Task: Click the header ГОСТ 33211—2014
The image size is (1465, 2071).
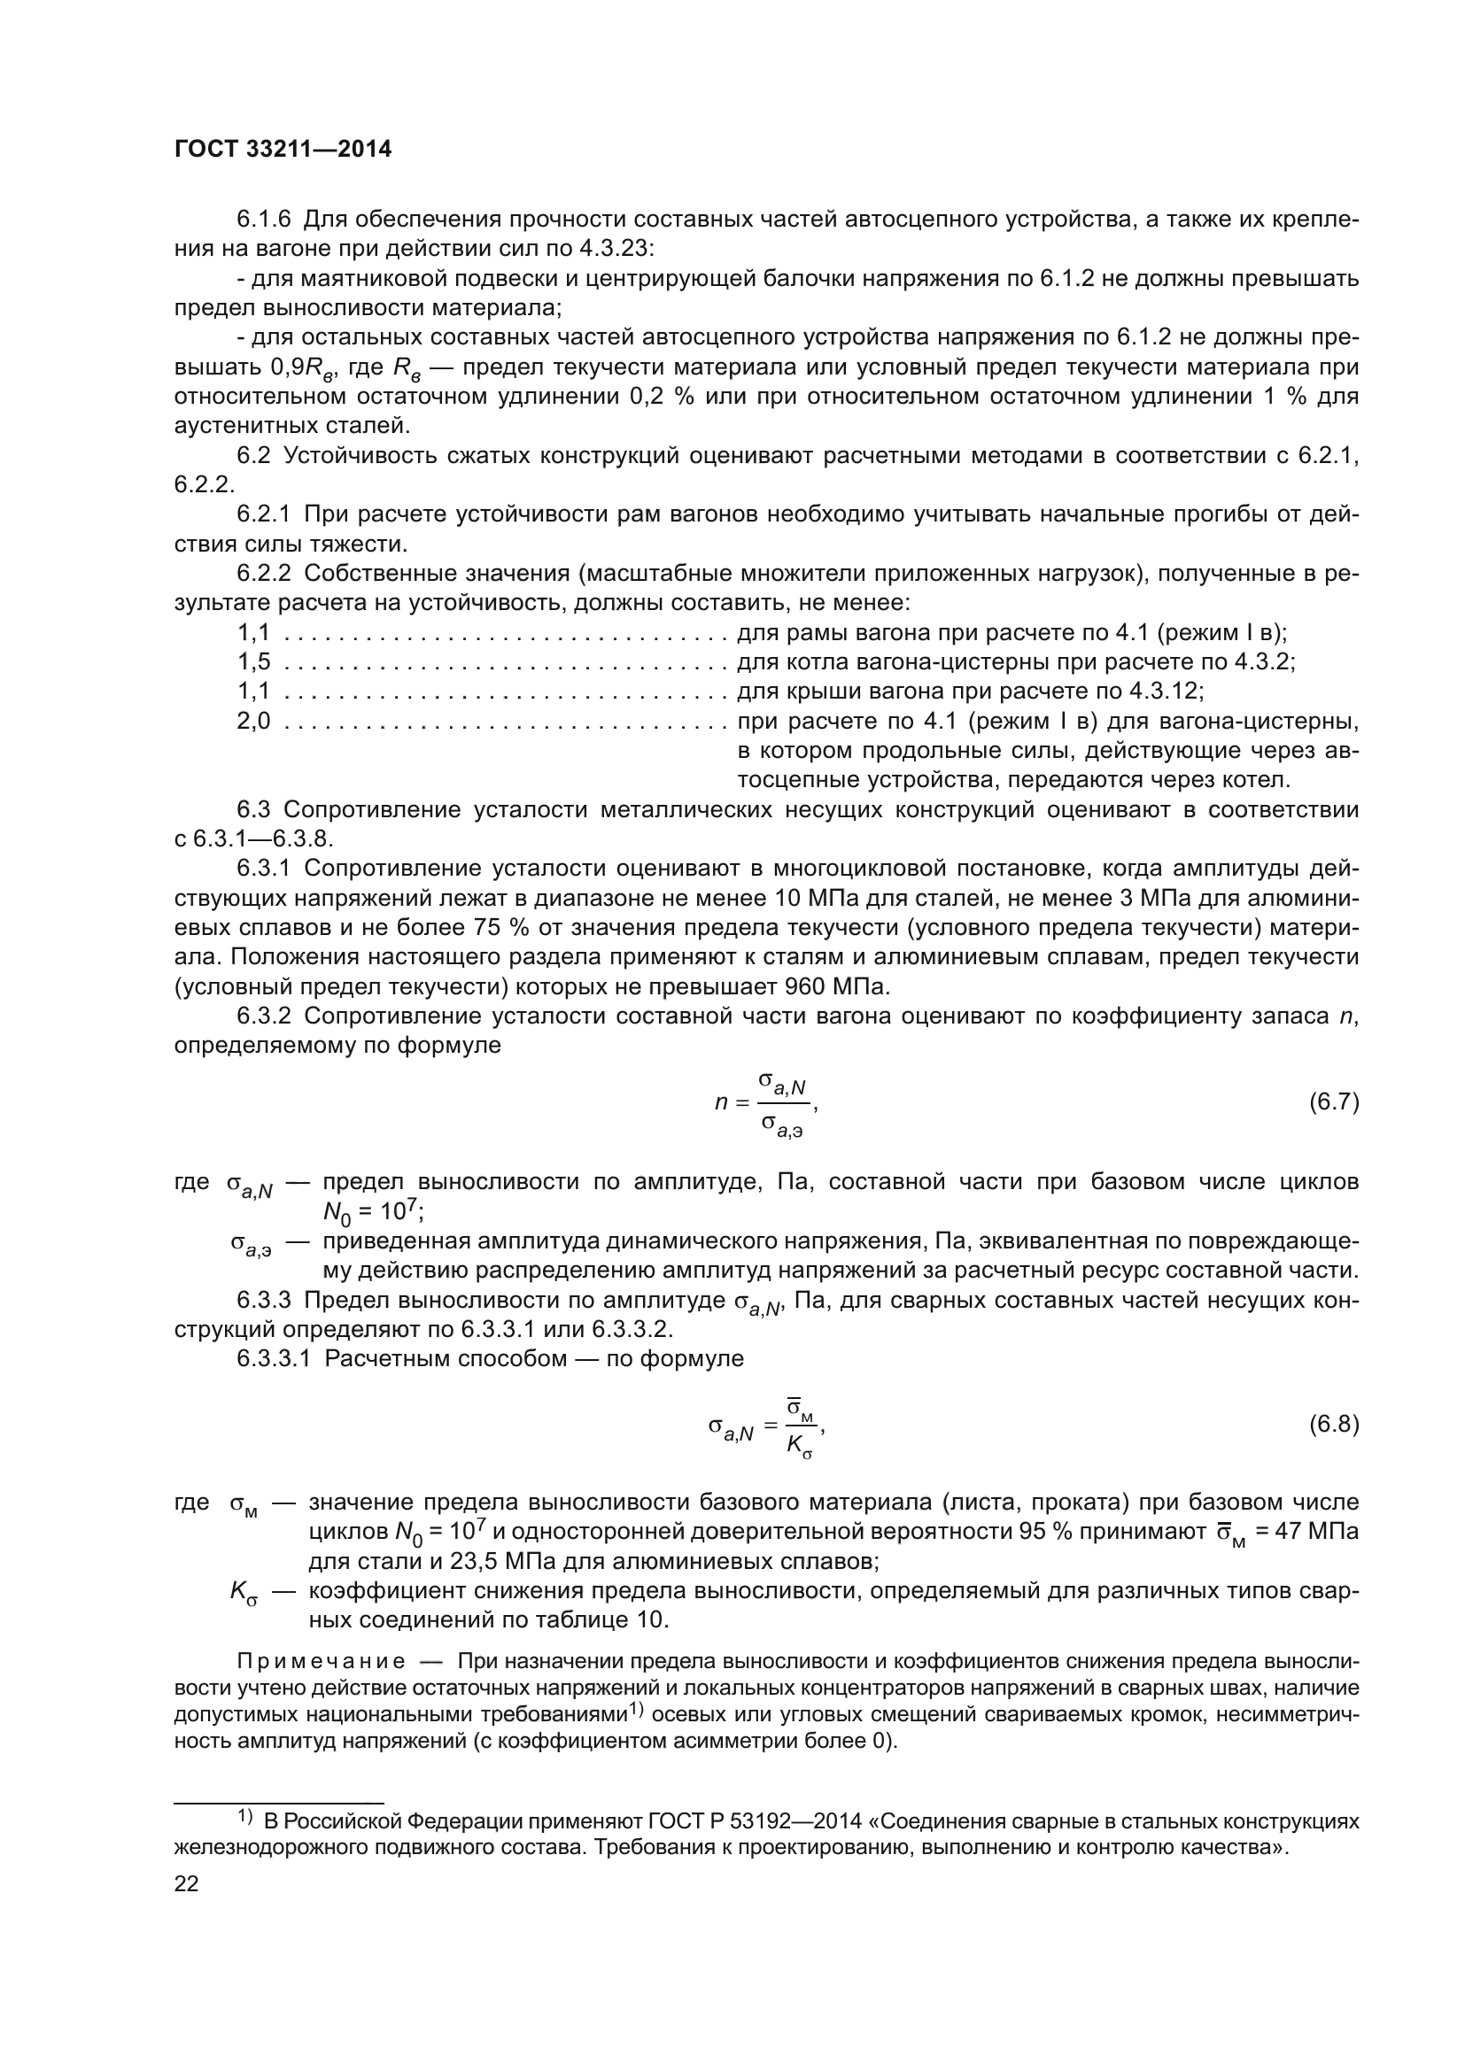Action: coord(283,150)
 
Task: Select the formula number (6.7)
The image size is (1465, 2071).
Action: coord(1333,1101)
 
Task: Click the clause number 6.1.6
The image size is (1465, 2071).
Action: coord(264,220)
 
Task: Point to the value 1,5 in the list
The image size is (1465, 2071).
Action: coord(253,662)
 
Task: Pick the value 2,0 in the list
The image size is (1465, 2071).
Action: coord(253,721)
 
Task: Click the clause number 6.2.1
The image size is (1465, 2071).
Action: coord(264,514)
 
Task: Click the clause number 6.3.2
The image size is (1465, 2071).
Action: coord(264,1016)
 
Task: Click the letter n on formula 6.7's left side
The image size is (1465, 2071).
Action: coord(721,1102)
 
